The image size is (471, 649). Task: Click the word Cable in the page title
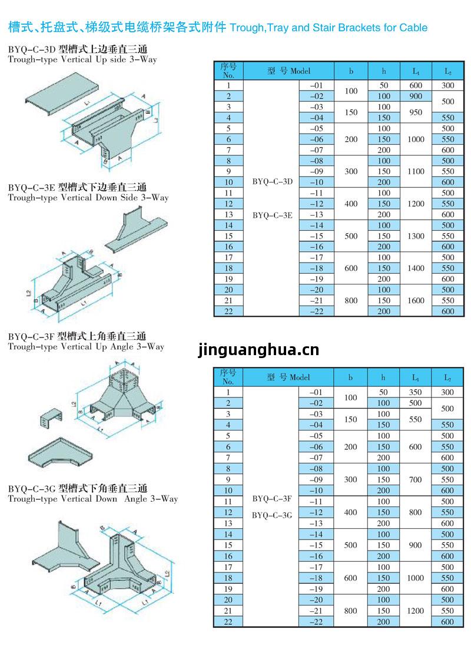tap(413, 28)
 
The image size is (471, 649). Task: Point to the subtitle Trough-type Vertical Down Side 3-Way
tap(88, 198)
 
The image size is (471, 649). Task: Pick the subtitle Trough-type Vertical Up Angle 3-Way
tap(86, 347)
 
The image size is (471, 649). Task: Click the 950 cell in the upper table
tap(416, 112)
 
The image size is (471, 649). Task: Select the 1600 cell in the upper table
tap(416, 300)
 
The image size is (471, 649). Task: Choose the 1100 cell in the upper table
tap(416, 171)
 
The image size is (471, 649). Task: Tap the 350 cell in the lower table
tap(416, 392)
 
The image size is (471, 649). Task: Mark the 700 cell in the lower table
tap(416, 479)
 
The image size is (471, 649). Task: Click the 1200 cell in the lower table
tap(416, 611)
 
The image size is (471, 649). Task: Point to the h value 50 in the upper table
tap(384, 85)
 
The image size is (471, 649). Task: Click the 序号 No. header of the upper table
tap(228, 71)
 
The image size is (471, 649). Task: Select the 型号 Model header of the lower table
tap(288, 378)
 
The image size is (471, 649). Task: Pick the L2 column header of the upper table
tap(447, 71)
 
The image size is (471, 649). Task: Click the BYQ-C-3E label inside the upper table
tap(273, 215)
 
